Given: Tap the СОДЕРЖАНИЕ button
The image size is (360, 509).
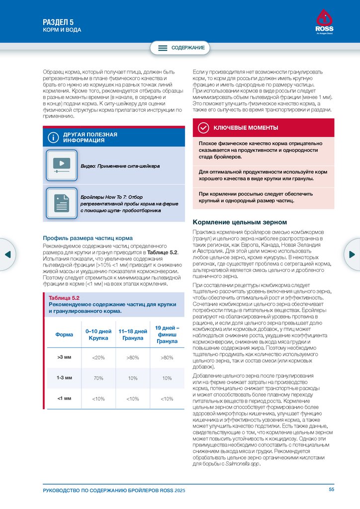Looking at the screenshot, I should (180, 48).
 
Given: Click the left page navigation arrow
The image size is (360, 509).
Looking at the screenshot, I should (7, 254).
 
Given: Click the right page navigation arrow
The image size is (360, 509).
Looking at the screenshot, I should (353, 254).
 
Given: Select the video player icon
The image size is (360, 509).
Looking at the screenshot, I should (61, 165).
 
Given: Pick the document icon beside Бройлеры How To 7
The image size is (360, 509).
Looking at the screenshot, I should (61, 203).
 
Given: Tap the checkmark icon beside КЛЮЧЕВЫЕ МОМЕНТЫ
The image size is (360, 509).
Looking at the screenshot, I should (203, 128).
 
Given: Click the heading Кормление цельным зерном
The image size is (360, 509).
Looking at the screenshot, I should (240, 222).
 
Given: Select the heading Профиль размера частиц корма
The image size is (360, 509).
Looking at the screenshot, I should (88, 238).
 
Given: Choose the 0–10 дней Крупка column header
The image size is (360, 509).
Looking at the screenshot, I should (98, 334).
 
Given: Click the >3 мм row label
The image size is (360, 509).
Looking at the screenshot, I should (64, 357).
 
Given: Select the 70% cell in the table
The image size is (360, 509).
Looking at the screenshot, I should (98, 378).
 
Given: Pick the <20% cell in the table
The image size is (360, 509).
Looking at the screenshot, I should (98, 357).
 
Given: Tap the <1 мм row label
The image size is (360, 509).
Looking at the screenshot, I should (64, 398).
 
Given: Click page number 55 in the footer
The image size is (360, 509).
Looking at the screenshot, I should (332, 490).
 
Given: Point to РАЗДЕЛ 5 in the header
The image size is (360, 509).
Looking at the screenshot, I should (58, 21).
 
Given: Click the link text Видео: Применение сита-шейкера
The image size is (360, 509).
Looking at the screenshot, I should (120, 166).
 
